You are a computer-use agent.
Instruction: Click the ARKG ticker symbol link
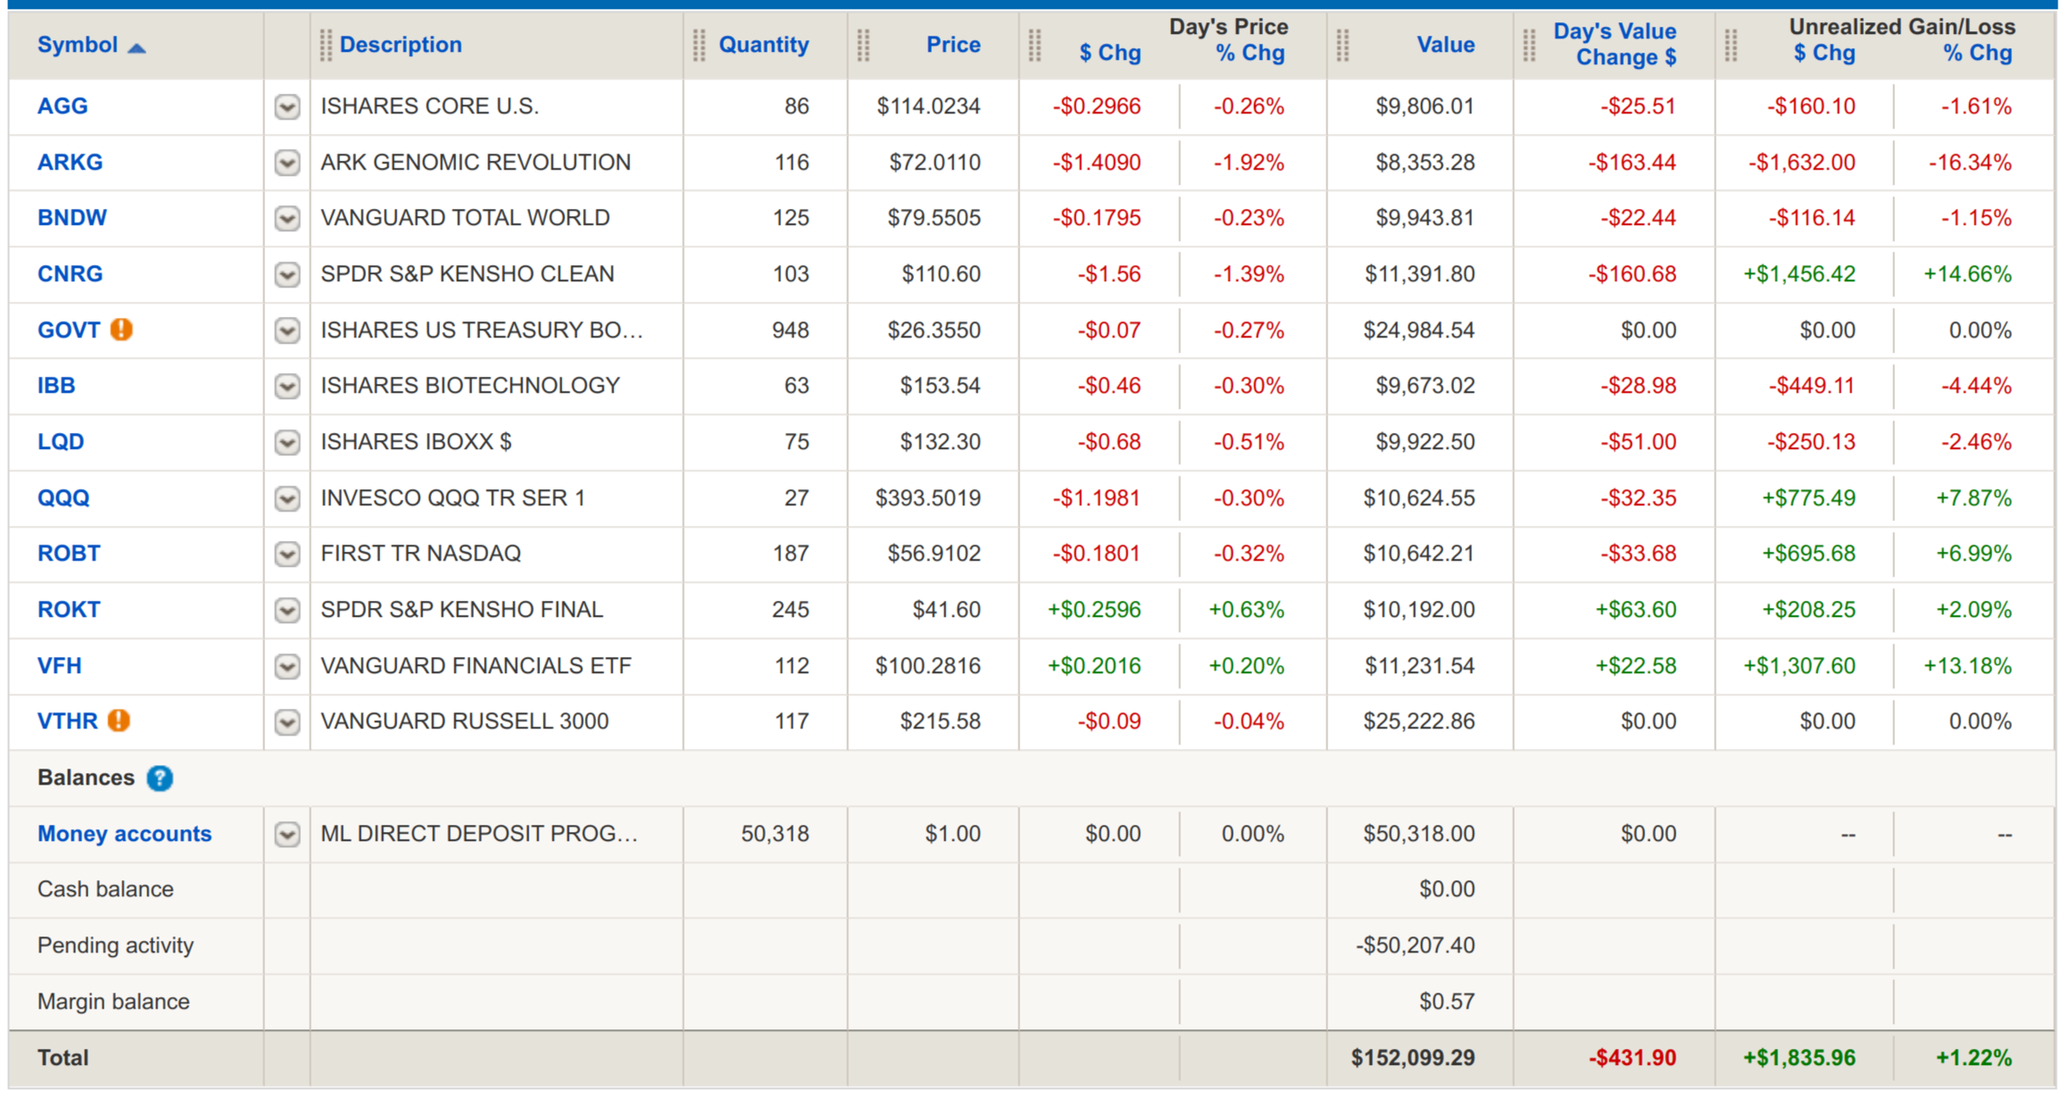click(x=70, y=162)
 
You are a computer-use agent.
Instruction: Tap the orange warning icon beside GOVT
click(x=121, y=329)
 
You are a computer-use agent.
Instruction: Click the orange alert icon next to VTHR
click(x=119, y=720)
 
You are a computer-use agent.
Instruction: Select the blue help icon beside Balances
click(x=160, y=778)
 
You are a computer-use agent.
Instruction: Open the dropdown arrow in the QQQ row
click(x=287, y=498)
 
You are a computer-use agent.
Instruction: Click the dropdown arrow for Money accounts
click(x=287, y=834)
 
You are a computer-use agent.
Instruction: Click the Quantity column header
click(x=763, y=45)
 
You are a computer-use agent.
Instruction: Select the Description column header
click(x=400, y=45)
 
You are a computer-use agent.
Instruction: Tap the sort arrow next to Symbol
click(x=137, y=47)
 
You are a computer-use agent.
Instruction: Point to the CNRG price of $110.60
click(x=940, y=274)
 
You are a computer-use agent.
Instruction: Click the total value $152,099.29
click(x=1412, y=1058)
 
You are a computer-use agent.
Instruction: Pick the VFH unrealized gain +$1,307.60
click(x=1799, y=666)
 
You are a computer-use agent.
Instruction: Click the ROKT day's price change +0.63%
click(x=1245, y=610)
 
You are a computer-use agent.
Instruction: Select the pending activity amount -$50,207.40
click(x=1415, y=945)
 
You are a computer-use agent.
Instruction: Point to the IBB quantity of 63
click(x=796, y=386)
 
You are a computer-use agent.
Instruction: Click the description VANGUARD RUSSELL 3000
click(x=464, y=721)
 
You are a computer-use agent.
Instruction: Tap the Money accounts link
click(x=124, y=834)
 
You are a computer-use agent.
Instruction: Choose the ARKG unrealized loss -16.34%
click(x=1969, y=162)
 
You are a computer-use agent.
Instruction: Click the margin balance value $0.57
click(x=1446, y=1002)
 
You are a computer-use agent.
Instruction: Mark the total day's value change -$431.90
click(x=1632, y=1058)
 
